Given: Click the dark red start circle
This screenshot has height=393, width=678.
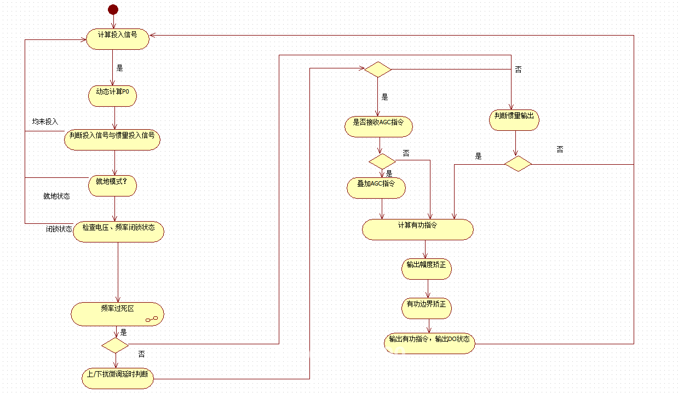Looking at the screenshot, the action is pyautogui.click(x=113, y=9).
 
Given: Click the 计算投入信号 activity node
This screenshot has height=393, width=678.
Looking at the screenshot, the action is pyautogui.click(x=118, y=39).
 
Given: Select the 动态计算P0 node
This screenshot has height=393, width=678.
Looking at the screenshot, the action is pyautogui.click(x=113, y=96).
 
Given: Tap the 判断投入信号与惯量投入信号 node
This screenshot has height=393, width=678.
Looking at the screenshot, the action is pyautogui.click(x=112, y=140).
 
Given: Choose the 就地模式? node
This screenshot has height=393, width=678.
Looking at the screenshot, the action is pyautogui.click(x=113, y=186).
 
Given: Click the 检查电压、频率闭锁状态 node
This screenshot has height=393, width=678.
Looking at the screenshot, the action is pyautogui.click(x=119, y=232).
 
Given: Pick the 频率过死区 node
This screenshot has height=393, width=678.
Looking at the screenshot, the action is pyautogui.click(x=117, y=314).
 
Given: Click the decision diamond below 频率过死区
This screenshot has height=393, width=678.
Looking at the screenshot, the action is pyautogui.click(x=115, y=345).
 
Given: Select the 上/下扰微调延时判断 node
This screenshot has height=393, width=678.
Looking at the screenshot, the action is pyautogui.click(x=118, y=378).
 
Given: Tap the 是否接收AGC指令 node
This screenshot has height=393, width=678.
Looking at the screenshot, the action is pyautogui.click(x=378, y=127).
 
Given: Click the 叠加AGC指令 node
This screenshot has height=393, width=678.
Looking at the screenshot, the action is pyautogui.click(x=376, y=188).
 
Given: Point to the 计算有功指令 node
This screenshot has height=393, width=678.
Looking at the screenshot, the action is pyautogui.click(x=418, y=230).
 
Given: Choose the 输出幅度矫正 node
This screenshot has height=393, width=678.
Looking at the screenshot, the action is pyautogui.click(x=427, y=269).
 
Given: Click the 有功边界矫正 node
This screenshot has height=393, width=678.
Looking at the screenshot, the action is pyautogui.click(x=427, y=308).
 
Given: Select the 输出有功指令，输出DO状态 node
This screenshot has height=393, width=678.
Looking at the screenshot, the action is pyautogui.click(x=429, y=343).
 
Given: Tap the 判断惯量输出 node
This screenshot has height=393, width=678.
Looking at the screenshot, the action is pyautogui.click(x=514, y=120).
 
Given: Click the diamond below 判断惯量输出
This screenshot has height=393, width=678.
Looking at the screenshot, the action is pyautogui.click(x=518, y=164).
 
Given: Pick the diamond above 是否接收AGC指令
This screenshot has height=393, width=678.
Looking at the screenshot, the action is pyautogui.click(x=378, y=70).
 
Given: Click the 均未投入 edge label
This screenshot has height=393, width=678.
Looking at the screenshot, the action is pyautogui.click(x=45, y=122).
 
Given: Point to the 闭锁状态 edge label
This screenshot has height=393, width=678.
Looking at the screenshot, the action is pyautogui.click(x=59, y=229).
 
